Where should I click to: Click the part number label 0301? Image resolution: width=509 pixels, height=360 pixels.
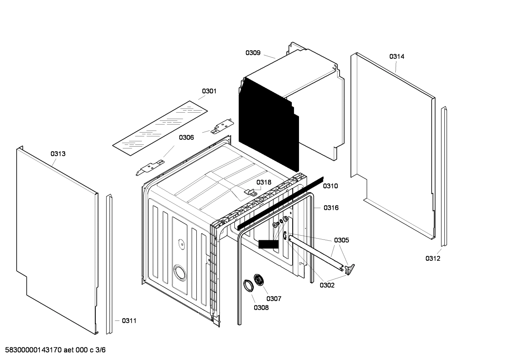tap(209, 91)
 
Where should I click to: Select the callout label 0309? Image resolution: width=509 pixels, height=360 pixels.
tap(253, 53)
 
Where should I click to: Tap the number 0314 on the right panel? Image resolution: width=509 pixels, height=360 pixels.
tap(397, 57)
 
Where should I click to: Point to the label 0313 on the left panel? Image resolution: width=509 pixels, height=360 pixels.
tap(58, 154)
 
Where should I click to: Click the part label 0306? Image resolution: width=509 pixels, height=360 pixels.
tap(186, 137)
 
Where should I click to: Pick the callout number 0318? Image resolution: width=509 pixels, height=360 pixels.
tap(264, 182)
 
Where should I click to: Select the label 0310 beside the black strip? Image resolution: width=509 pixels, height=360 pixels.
tap(330, 186)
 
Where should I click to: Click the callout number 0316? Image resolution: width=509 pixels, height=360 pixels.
tap(331, 208)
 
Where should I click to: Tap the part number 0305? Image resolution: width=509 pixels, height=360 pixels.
tap(341, 240)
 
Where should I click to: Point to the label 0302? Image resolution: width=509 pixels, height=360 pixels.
tap(327, 285)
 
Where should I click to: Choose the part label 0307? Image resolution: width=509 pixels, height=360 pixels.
tap(274, 299)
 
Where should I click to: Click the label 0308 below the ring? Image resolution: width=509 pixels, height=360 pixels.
tap(261, 307)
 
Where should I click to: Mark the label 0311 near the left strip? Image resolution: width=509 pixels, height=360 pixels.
tap(129, 321)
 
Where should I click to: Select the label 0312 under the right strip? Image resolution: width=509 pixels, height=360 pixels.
tap(432, 258)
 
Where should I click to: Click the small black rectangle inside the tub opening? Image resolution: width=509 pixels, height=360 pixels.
tap(268, 244)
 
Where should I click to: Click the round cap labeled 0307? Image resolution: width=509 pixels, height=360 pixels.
tap(261, 280)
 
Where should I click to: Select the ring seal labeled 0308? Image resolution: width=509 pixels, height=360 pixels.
tap(248, 285)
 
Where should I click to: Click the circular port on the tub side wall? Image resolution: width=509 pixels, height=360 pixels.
tap(180, 273)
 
